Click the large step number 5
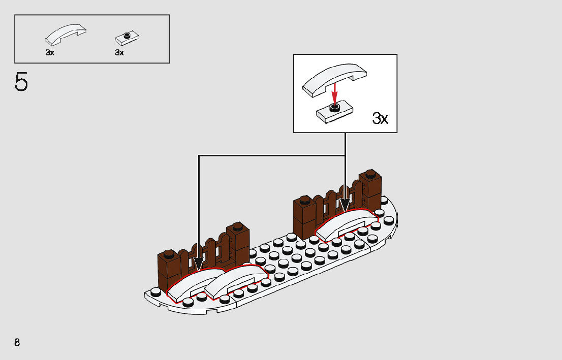click(x=21, y=82)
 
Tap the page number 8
click(x=17, y=342)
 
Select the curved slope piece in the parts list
click(x=66, y=35)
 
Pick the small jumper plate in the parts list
click(x=127, y=37)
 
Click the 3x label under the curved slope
click(x=50, y=53)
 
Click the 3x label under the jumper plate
click(x=119, y=53)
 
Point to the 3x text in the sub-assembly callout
click(x=380, y=119)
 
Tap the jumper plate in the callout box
click(x=333, y=111)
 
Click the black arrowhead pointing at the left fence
click(x=199, y=265)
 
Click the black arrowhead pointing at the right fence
click(x=345, y=206)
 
